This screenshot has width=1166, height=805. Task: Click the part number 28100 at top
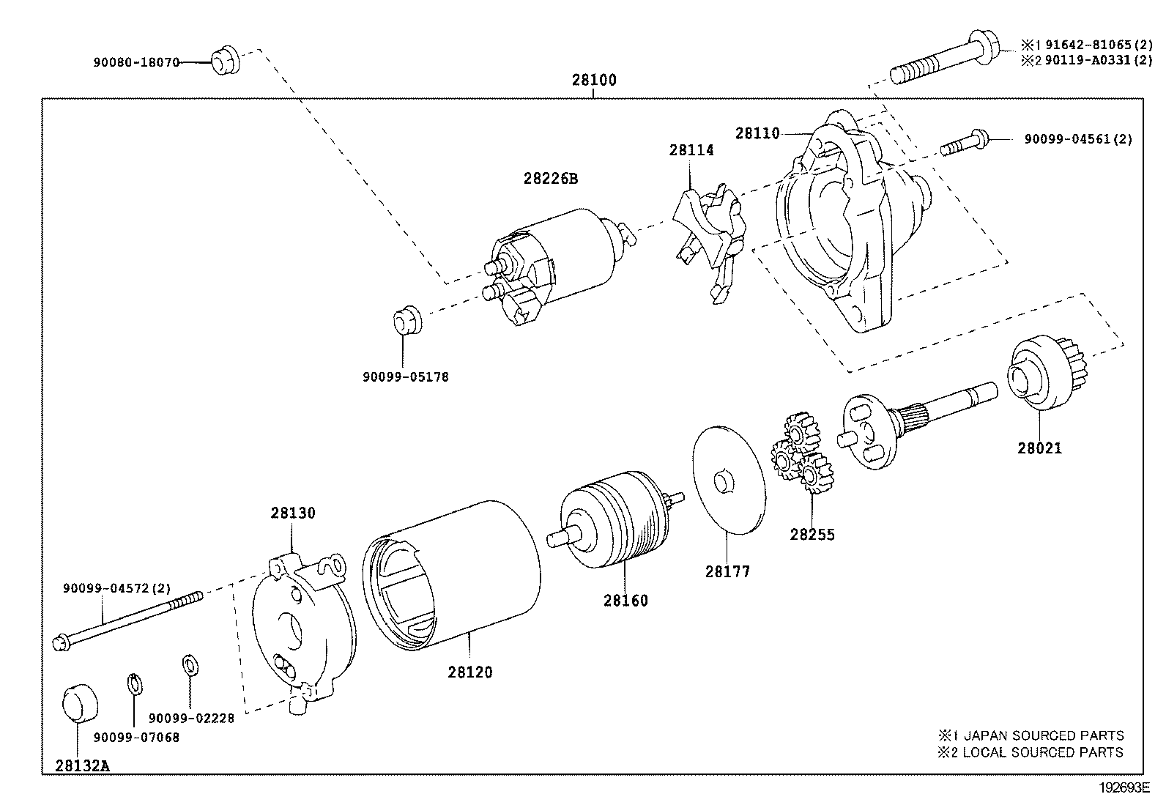pyautogui.click(x=594, y=81)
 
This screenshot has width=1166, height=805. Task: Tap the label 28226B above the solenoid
pyautogui.click(x=550, y=178)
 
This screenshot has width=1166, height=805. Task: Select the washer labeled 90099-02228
pyautogui.click(x=189, y=665)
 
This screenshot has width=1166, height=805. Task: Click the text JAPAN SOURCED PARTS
pyautogui.click(x=1043, y=735)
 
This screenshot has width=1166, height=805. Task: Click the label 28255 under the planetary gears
pyautogui.click(x=812, y=535)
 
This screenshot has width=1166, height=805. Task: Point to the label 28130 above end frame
pyautogui.click(x=292, y=513)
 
